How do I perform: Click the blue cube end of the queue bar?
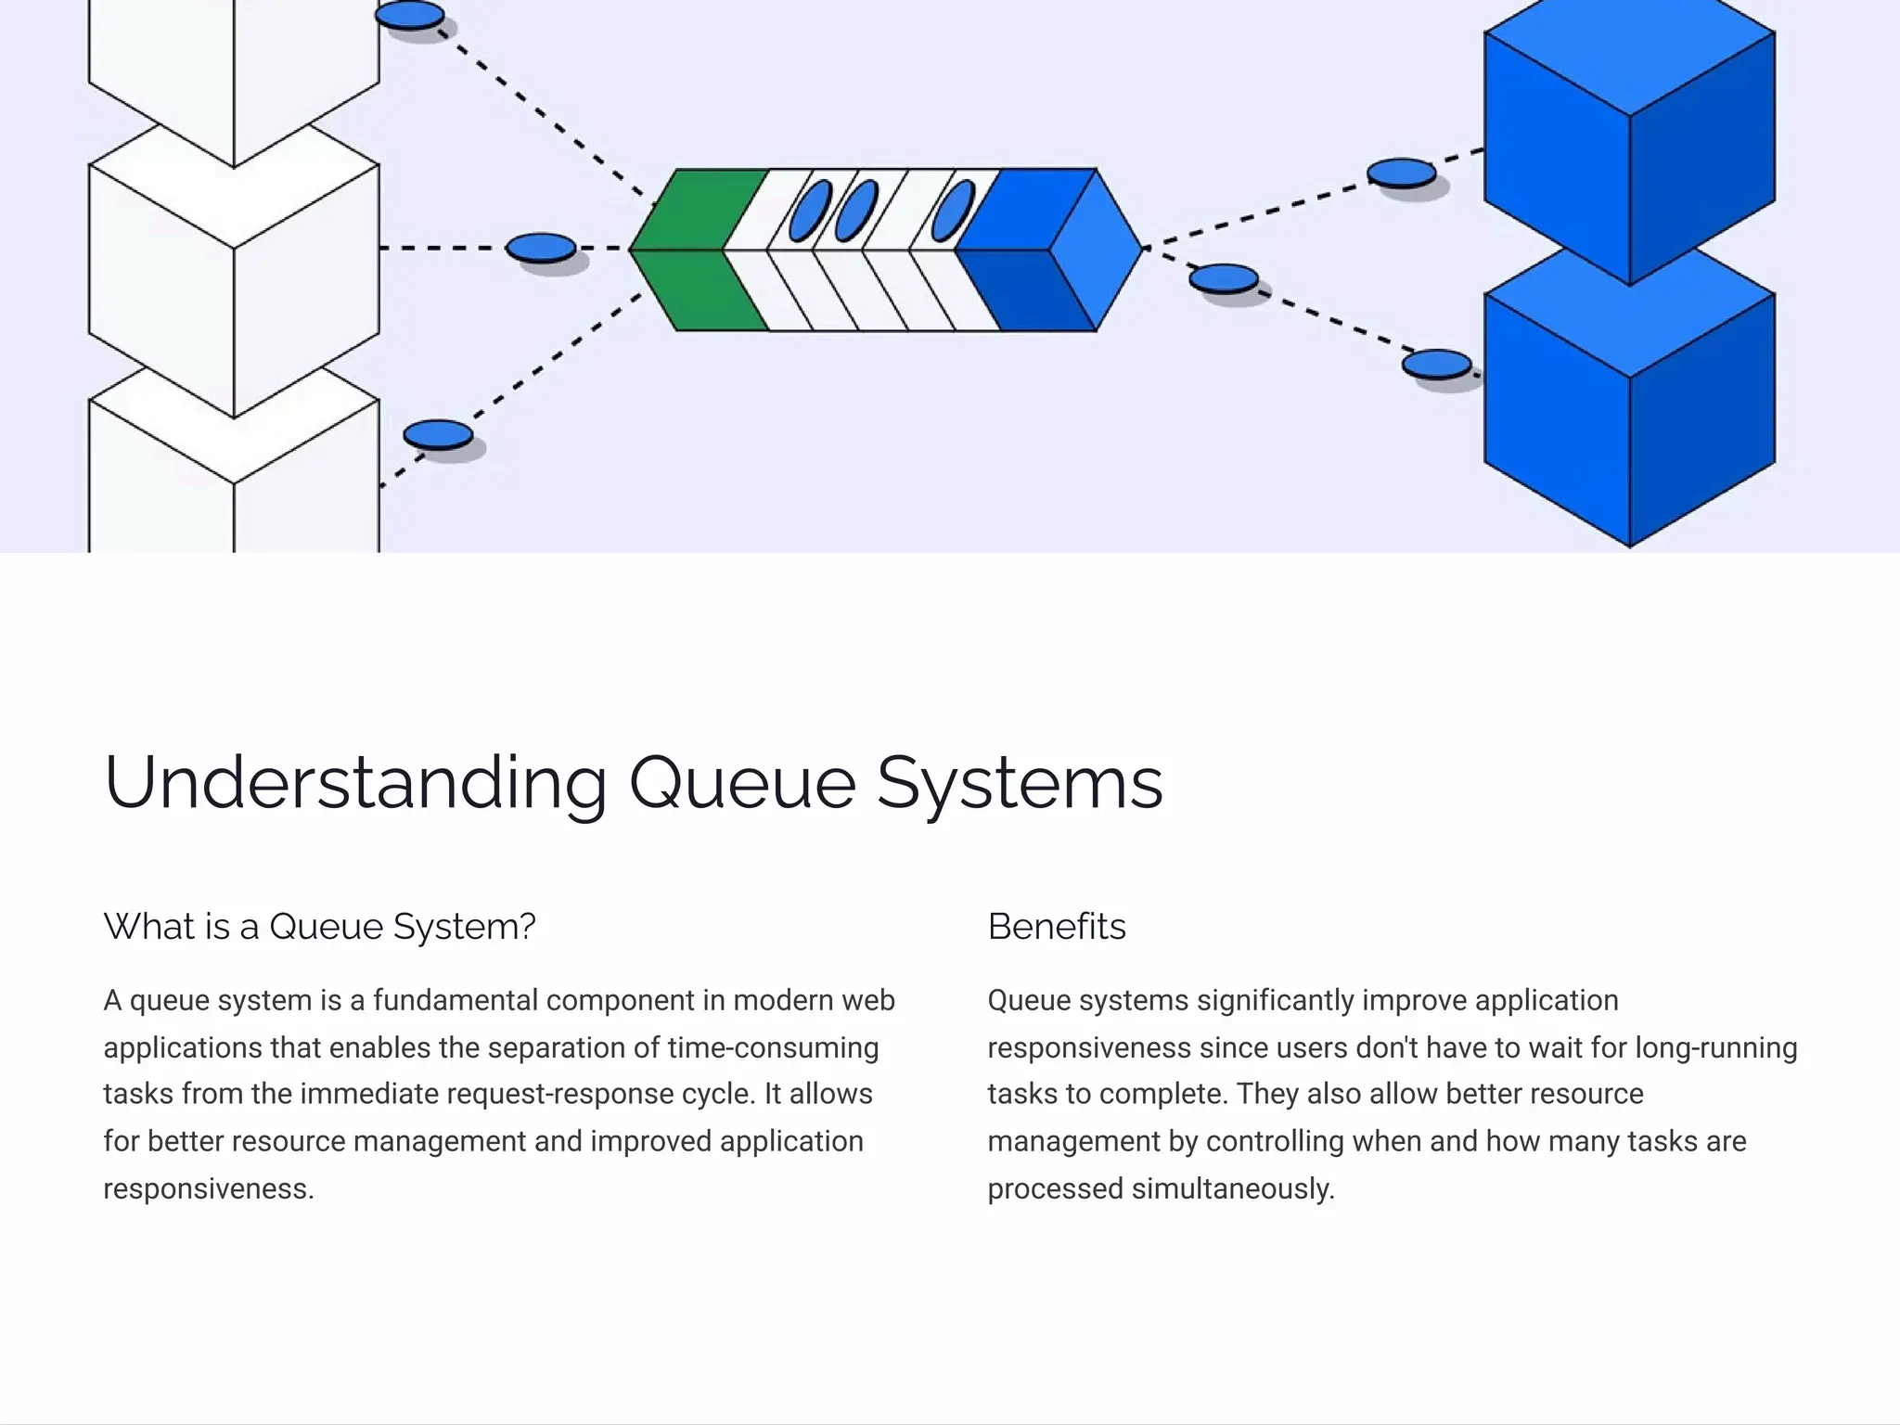click(x=1048, y=249)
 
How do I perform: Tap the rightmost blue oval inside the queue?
click(x=953, y=211)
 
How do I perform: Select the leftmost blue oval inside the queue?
click(x=810, y=211)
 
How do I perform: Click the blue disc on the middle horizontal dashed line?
click(x=541, y=248)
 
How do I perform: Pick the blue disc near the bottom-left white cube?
click(x=438, y=434)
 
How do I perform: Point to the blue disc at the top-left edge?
click(x=409, y=15)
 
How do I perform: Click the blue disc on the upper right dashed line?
click(x=1402, y=173)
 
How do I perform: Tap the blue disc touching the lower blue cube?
click(x=1436, y=364)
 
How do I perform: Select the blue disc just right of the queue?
click(x=1224, y=278)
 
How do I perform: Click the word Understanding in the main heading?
click(x=355, y=783)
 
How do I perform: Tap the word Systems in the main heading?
click(x=1020, y=783)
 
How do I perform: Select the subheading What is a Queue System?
click(x=319, y=926)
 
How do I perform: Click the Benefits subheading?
click(x=1057, y=926)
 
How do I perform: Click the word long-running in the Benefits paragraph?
click(x=1715, y=1047)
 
